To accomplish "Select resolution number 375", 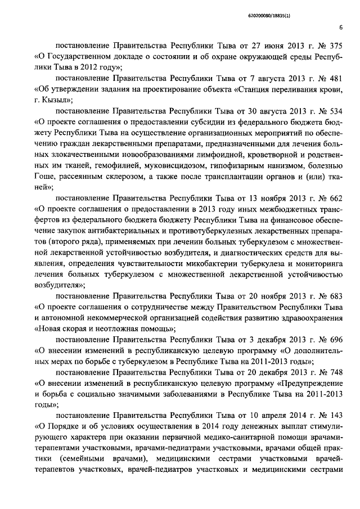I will (336, 47).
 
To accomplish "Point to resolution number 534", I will (336, 111).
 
